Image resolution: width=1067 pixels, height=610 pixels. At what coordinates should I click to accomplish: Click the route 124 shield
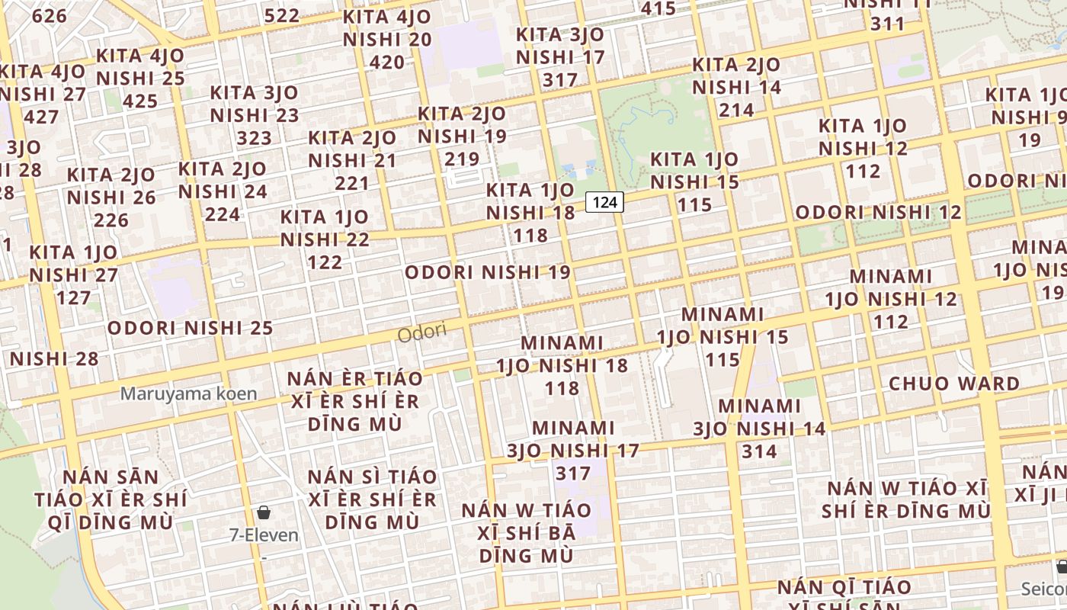click(x=604, y=202)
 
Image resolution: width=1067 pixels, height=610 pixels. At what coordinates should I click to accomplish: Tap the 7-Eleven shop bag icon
click(x=264, y=512)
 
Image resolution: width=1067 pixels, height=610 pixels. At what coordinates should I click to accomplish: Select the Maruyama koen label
click(x=188, y=394)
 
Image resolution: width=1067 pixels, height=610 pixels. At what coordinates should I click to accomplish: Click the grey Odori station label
click(x=421, y=333)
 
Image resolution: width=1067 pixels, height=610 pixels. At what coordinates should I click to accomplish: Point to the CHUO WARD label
click(x=953, y=384)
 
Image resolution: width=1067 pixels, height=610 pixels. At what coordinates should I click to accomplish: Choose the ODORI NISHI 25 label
click(x=190, y=329)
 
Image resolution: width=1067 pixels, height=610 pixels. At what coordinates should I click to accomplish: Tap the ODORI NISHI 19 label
click(x=488, y=272)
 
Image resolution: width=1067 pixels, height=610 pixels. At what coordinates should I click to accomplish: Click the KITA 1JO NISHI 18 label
click(x=530, y=212)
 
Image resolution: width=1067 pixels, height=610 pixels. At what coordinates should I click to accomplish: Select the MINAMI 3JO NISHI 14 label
click(x=759, y=429)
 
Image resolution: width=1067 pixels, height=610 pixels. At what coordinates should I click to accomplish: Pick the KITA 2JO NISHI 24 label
click(x=223, y=191)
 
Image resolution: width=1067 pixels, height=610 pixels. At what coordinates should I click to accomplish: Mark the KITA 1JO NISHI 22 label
click(x=325, y=239)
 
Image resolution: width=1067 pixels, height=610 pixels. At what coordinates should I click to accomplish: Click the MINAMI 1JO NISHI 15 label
click(x=723, y=336)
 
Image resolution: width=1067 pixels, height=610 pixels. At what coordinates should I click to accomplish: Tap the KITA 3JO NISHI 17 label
click(x=560, y=57)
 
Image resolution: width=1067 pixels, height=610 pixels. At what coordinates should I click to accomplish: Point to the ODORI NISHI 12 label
click(x=878, y=213)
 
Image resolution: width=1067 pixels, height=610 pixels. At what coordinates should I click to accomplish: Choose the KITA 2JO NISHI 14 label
click(x=736, y=87)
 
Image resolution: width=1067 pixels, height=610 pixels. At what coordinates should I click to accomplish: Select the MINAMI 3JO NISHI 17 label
click(x=573, y=451)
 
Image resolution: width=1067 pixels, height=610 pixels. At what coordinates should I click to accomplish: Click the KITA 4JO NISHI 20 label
click(x=387, y=39)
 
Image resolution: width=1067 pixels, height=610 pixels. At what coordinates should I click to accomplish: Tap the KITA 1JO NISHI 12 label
click(x=863, y=148)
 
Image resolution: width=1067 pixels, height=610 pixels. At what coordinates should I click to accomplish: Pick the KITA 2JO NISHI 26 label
click(x=111, y=197)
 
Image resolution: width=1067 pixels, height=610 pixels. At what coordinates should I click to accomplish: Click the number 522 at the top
click(x=282, y=15)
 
